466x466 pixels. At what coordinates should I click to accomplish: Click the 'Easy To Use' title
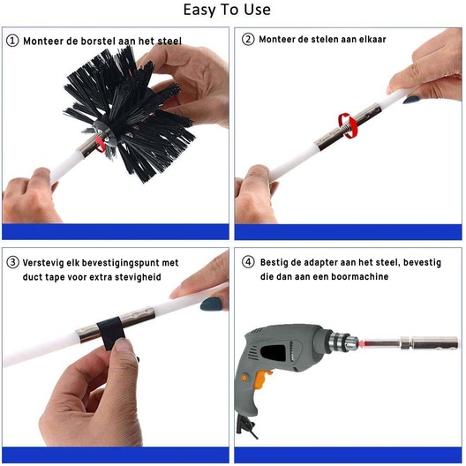coord(227,10)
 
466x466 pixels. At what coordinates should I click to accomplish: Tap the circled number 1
coord(12,41)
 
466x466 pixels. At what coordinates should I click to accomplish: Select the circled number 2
coord(248,39)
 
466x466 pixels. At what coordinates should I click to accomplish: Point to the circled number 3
coord(12,262)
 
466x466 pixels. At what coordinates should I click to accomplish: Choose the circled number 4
coord(248,262)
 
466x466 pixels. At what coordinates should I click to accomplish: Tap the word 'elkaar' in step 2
coord(372,39)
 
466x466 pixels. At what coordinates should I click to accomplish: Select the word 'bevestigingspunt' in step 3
coord(120,263)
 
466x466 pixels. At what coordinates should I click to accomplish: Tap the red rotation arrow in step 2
coord(348,125)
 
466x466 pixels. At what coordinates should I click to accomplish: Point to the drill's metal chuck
coord(342,342)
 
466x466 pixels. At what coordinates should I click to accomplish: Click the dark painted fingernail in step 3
coord(211,304)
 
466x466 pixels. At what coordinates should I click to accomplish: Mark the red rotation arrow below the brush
coord(101,143)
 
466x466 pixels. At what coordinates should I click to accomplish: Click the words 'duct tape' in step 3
coord(43,277)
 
